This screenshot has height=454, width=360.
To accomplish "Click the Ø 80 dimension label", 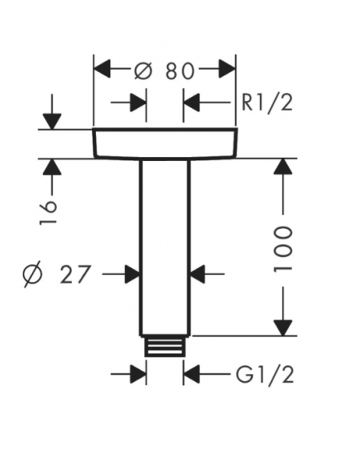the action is (164, 70).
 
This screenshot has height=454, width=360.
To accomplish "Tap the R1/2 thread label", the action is (267, 102).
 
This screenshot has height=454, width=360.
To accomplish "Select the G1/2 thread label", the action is (265, 375).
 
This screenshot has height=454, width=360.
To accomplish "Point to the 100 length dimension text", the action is (282, 249).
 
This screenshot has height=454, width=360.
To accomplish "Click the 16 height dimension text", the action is (48, 212).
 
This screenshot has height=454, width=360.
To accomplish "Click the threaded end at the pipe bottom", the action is (165, 346).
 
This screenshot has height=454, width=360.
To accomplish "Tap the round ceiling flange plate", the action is (165, 143).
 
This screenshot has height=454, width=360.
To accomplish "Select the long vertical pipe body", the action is (165, 248).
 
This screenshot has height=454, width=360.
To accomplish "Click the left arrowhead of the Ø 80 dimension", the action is (102, 69).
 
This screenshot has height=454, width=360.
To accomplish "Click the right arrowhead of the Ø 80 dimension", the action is (227, 69).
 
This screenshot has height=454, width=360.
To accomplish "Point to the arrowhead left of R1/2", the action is (191, 102).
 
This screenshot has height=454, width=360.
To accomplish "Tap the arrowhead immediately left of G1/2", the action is (191, 374).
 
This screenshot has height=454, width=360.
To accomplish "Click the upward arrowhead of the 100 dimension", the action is (282, 167).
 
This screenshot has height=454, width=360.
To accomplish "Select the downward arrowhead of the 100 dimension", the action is (282, 327).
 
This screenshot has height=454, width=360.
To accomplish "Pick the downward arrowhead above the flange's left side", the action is (52, 122).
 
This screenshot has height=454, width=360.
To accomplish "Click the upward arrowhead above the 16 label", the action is (52, 167).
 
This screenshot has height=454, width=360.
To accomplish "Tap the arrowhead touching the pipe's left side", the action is (132, 274).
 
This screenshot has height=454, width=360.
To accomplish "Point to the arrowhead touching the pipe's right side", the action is (198, 274).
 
